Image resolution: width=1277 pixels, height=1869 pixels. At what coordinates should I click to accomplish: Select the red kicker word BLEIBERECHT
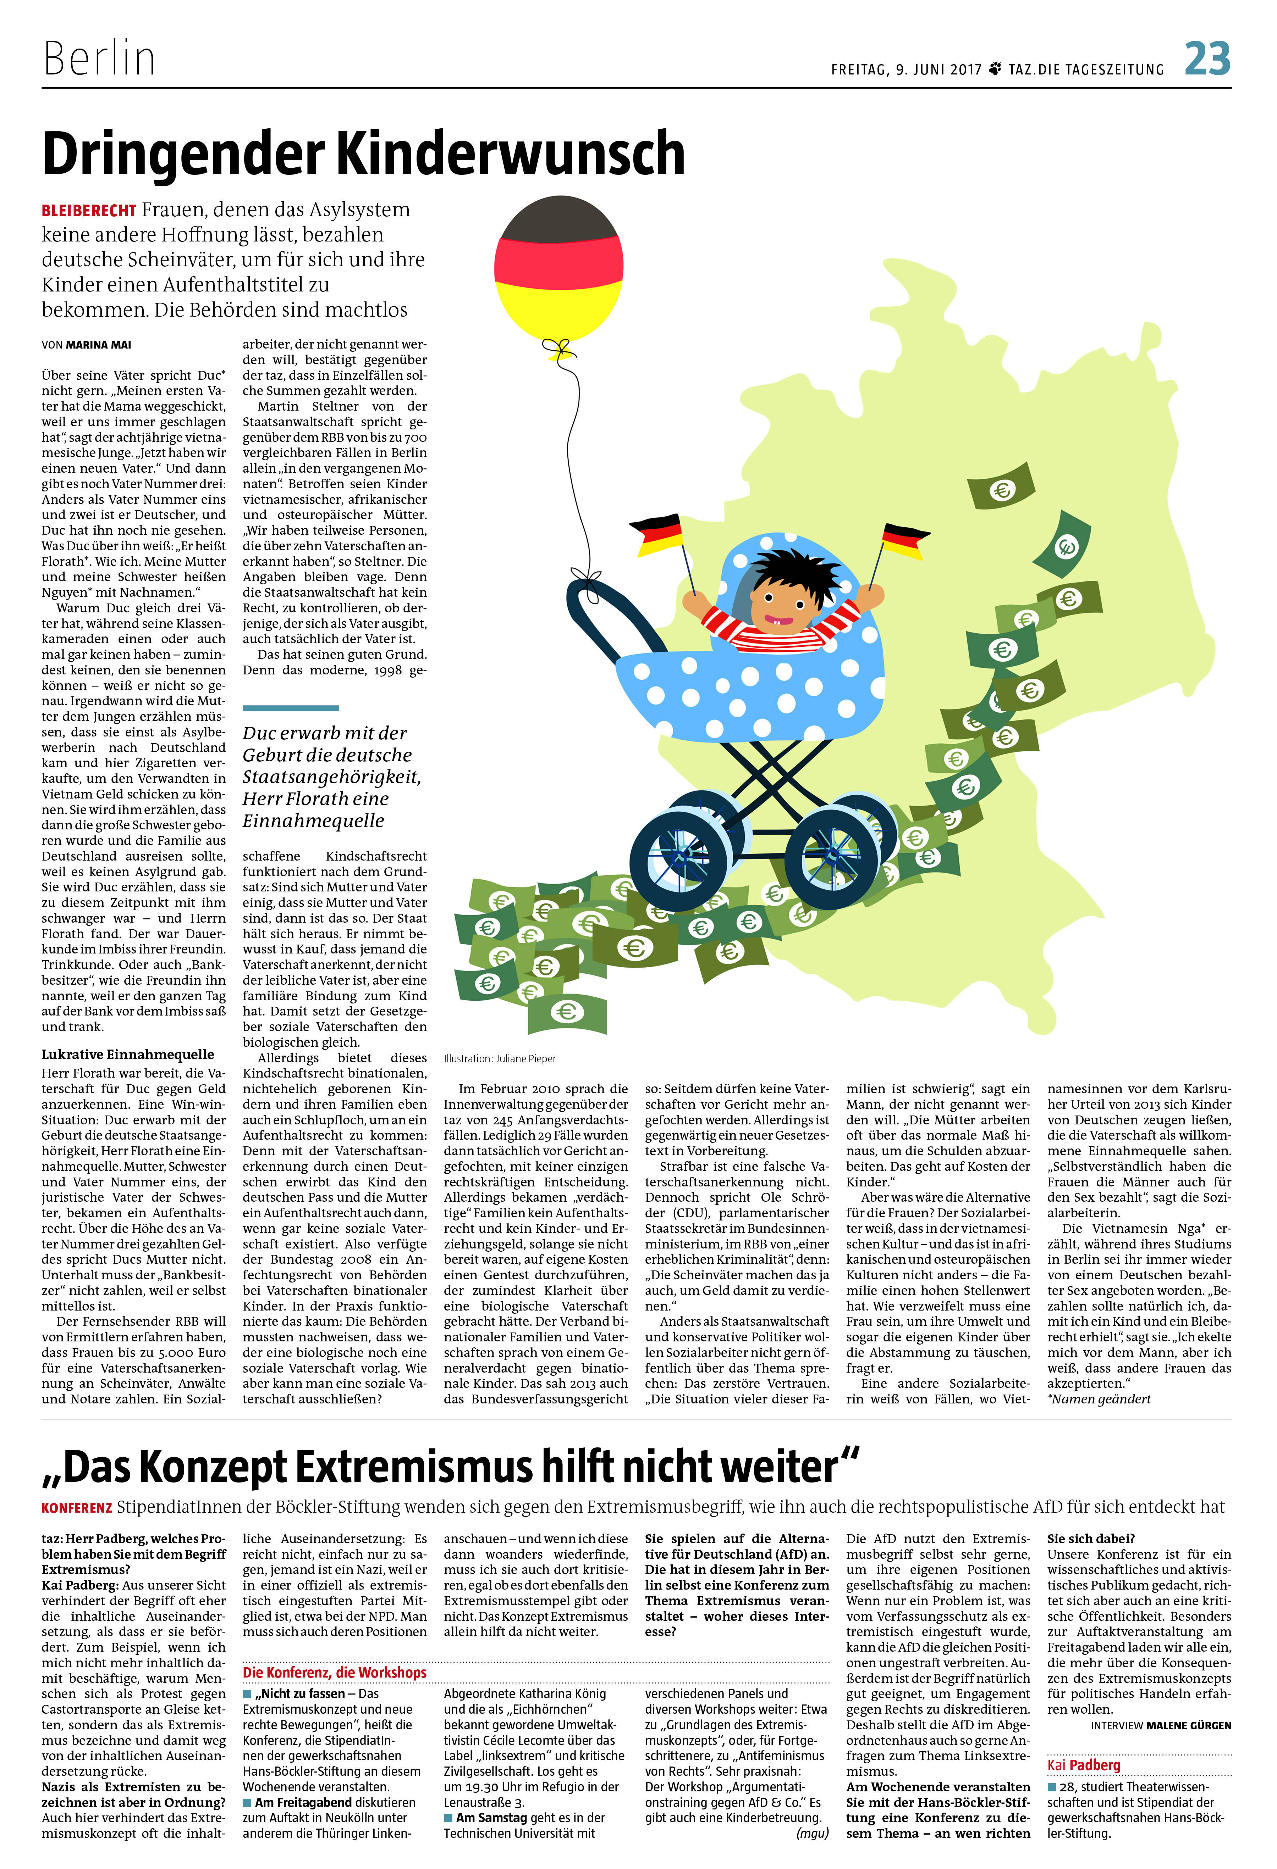click(88, 211)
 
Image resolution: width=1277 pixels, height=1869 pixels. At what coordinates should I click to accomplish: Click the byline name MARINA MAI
click(98, 345)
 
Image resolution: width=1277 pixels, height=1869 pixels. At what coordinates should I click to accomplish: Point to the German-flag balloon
click(558, 269)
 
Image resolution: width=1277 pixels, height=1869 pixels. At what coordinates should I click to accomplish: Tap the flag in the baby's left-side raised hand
click(656, 535)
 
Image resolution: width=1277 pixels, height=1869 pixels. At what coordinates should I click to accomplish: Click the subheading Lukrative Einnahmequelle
click(128, 1054)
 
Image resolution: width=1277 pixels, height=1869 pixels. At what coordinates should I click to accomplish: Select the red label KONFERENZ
click(76, 1507)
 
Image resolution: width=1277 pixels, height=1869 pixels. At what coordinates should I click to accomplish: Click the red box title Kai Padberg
click(1083, 1764)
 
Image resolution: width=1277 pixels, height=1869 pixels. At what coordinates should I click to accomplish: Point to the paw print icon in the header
click(995, 69)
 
